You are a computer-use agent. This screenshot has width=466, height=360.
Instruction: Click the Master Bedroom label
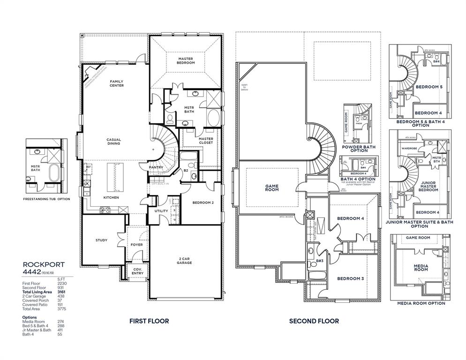point(185,61)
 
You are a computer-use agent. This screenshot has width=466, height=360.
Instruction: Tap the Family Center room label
point(117,83)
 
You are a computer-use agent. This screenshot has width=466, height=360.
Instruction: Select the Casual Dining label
point(113,141)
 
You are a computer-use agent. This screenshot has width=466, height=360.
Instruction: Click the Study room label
point(101,240)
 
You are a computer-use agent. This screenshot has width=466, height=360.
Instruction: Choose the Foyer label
point(136,245)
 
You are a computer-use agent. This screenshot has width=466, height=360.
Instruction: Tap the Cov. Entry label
point(138,271)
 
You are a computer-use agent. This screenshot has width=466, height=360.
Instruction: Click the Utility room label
point(161,211)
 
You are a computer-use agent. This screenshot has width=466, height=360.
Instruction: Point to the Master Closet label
point(206,141)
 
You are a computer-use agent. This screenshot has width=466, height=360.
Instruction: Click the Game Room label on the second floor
point(272,187)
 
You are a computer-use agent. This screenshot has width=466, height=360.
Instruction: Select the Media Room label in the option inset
point(421,267)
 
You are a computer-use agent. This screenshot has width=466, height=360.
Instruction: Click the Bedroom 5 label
point(429,87)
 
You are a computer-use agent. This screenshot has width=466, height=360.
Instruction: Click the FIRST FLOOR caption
point(149,321)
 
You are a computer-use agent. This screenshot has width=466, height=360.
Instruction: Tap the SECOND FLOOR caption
point(314,321)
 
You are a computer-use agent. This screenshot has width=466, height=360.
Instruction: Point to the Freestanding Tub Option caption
point(46,199)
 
